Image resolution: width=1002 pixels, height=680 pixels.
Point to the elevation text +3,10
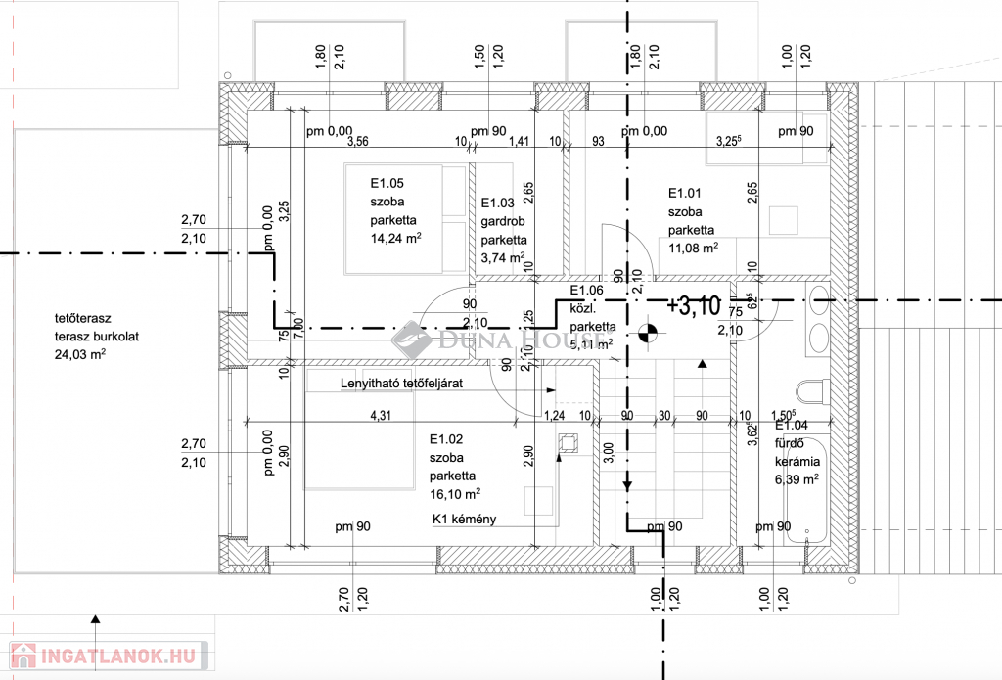click(x=693, y=305)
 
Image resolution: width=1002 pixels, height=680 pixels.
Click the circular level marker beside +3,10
click(x=646, y=333)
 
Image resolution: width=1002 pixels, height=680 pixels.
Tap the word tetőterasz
click(x=84, y=319)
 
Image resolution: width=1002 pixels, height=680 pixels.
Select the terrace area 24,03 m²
click(x=79, y=355)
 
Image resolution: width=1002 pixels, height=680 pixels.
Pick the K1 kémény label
click(x=464, y=520)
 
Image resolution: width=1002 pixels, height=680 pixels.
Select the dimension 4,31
click(x=381, y=415)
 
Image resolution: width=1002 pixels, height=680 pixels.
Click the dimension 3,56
click(x=358, y=141)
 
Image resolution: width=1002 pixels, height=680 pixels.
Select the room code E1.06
click(x=587, y=291)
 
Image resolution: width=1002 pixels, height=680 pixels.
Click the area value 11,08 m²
click(x=693, y=248)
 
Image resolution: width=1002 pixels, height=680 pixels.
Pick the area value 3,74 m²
click(x=504, y=258)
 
